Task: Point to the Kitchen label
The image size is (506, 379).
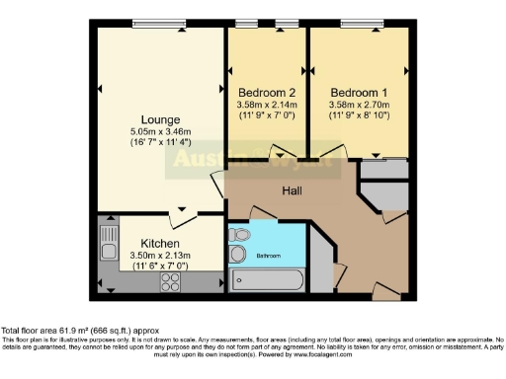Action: click(159, 243)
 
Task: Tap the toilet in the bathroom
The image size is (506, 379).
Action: click(237, 255)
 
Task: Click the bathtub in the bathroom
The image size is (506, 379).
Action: click(267, 280)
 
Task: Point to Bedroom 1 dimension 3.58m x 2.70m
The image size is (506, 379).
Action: click(358, 105)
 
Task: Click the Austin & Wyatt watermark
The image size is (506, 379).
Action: click(257, 161)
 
